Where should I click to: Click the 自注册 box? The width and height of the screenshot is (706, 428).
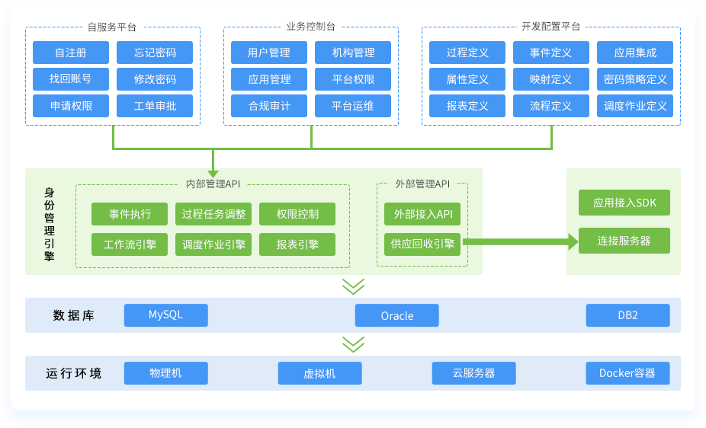pyautogui.click(x=71, y=53)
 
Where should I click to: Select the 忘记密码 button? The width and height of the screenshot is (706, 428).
pyautogui.click(x=155, y=53)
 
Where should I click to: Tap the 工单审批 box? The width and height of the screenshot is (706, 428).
pyautogui.click(x=155, y=106)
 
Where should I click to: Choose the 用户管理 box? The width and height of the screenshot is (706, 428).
pyautogui.click(x=269, y=53)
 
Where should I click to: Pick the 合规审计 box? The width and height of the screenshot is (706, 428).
pyautogui.click(x=269, y=106)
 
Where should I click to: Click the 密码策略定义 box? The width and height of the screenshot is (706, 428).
pyautogui.click(x=635, y=79)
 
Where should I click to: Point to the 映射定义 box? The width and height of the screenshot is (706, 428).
pyautogui.click(x=551, y=79)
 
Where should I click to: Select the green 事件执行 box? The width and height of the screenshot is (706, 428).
pyautogui.click(x=130, y=213)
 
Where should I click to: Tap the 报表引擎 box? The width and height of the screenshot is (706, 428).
pyautogui.click(x=297, y=244)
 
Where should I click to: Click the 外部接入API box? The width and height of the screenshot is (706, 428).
pyautogui.click(x=422, y=213)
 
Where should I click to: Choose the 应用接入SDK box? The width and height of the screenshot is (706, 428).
pyautogui.click(x=624, y=203)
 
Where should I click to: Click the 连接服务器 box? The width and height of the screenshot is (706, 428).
pyautogui.click(x=624, y=241)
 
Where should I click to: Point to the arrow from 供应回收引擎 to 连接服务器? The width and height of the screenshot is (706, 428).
pyautogui.click(x=520, y=242)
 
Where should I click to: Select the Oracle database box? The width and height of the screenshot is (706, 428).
pyautogui.click(x=396, y=315)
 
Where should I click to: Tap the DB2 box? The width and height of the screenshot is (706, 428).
pyautogui.click(x=627, y=315)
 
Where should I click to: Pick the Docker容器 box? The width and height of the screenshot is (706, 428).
pyautogui.click(x=627, y=373)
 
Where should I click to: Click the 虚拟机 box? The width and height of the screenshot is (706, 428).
pyautogui.click(x=319, y=373)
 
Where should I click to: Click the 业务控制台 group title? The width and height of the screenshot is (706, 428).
pyautogui.click(x=310, y=27)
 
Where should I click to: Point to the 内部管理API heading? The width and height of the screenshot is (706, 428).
pyautogui.click(x=213, y=184)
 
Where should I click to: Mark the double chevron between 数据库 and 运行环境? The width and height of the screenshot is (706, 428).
pyautogui.click(x=353, y=344)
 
